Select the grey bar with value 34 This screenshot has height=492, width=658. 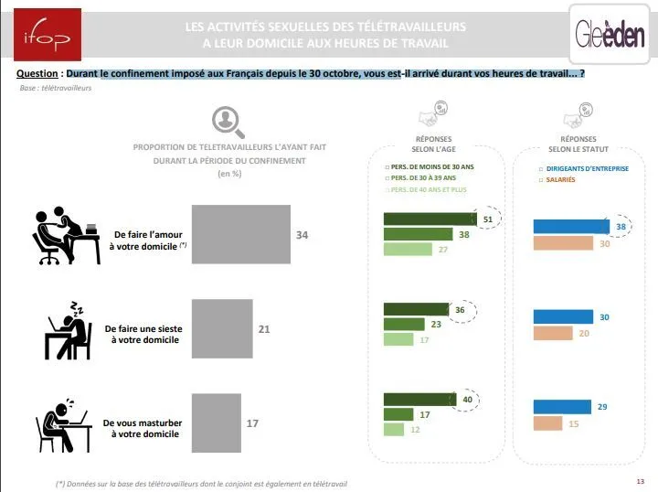(x=240, y=235)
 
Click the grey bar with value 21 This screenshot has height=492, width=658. (x=221, y=326)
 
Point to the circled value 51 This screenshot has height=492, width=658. (x=488, y=219)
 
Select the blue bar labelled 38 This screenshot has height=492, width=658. (x=570, y=227)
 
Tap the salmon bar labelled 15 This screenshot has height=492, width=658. (x=547, y=423)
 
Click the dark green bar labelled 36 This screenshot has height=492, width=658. (x=417, y=309)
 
